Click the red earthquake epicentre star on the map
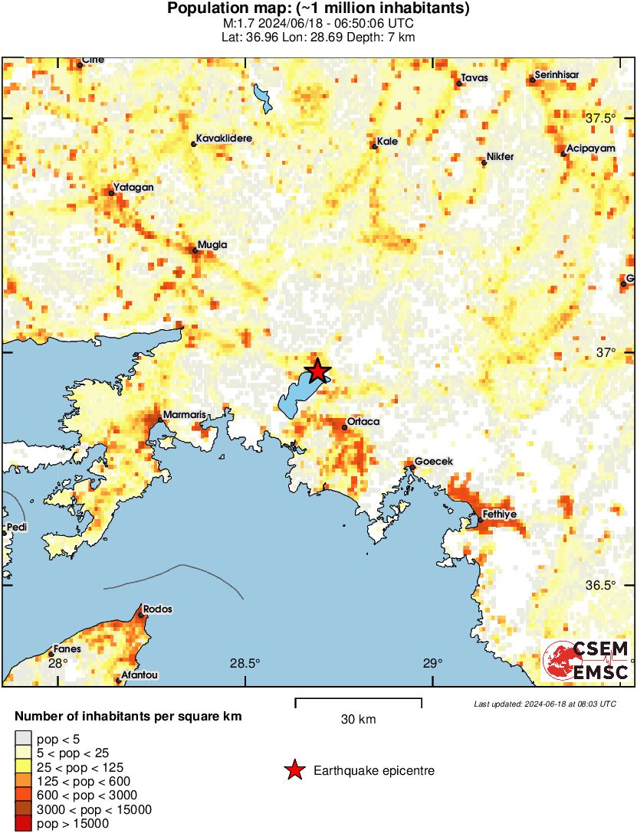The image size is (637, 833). (317, 371)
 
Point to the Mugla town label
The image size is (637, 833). (212, 245)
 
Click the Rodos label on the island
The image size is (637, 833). (157, 609)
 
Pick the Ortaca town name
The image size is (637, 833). (363, 422)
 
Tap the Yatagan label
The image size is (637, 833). (133, 187)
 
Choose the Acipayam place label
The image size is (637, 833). (591, 149)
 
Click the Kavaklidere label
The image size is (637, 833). (224, 139)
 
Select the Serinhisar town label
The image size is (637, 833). (557, 74)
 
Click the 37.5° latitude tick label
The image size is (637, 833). (601, 119)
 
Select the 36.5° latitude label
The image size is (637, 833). (601, 586)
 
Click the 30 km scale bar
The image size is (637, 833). (358, 699)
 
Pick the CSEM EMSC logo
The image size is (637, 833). (587, 660)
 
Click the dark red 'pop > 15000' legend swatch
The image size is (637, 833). (23, 824)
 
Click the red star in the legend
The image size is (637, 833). (294, 770)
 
